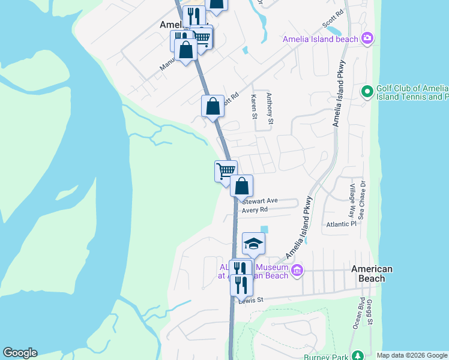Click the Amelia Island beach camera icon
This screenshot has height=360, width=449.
[x=367, y=39]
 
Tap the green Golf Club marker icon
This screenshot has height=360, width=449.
[x=367, y=92]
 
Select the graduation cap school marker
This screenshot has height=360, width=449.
[x=253, y=243]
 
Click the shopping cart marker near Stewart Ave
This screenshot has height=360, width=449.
[x=226, y=170]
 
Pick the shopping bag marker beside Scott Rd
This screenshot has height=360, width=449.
[x=212, y=106]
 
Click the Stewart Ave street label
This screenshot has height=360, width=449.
[x=260, y=200]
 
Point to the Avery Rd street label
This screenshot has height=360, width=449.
[x=255, y=210]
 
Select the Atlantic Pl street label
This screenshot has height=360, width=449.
[x=341, y=224]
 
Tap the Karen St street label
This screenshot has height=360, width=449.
[x=254, y=106]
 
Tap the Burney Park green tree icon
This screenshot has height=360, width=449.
[x=358, y=355]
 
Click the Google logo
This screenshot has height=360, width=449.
[x=20, y=353]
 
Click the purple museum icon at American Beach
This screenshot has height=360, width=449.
[x=297, y=271]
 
